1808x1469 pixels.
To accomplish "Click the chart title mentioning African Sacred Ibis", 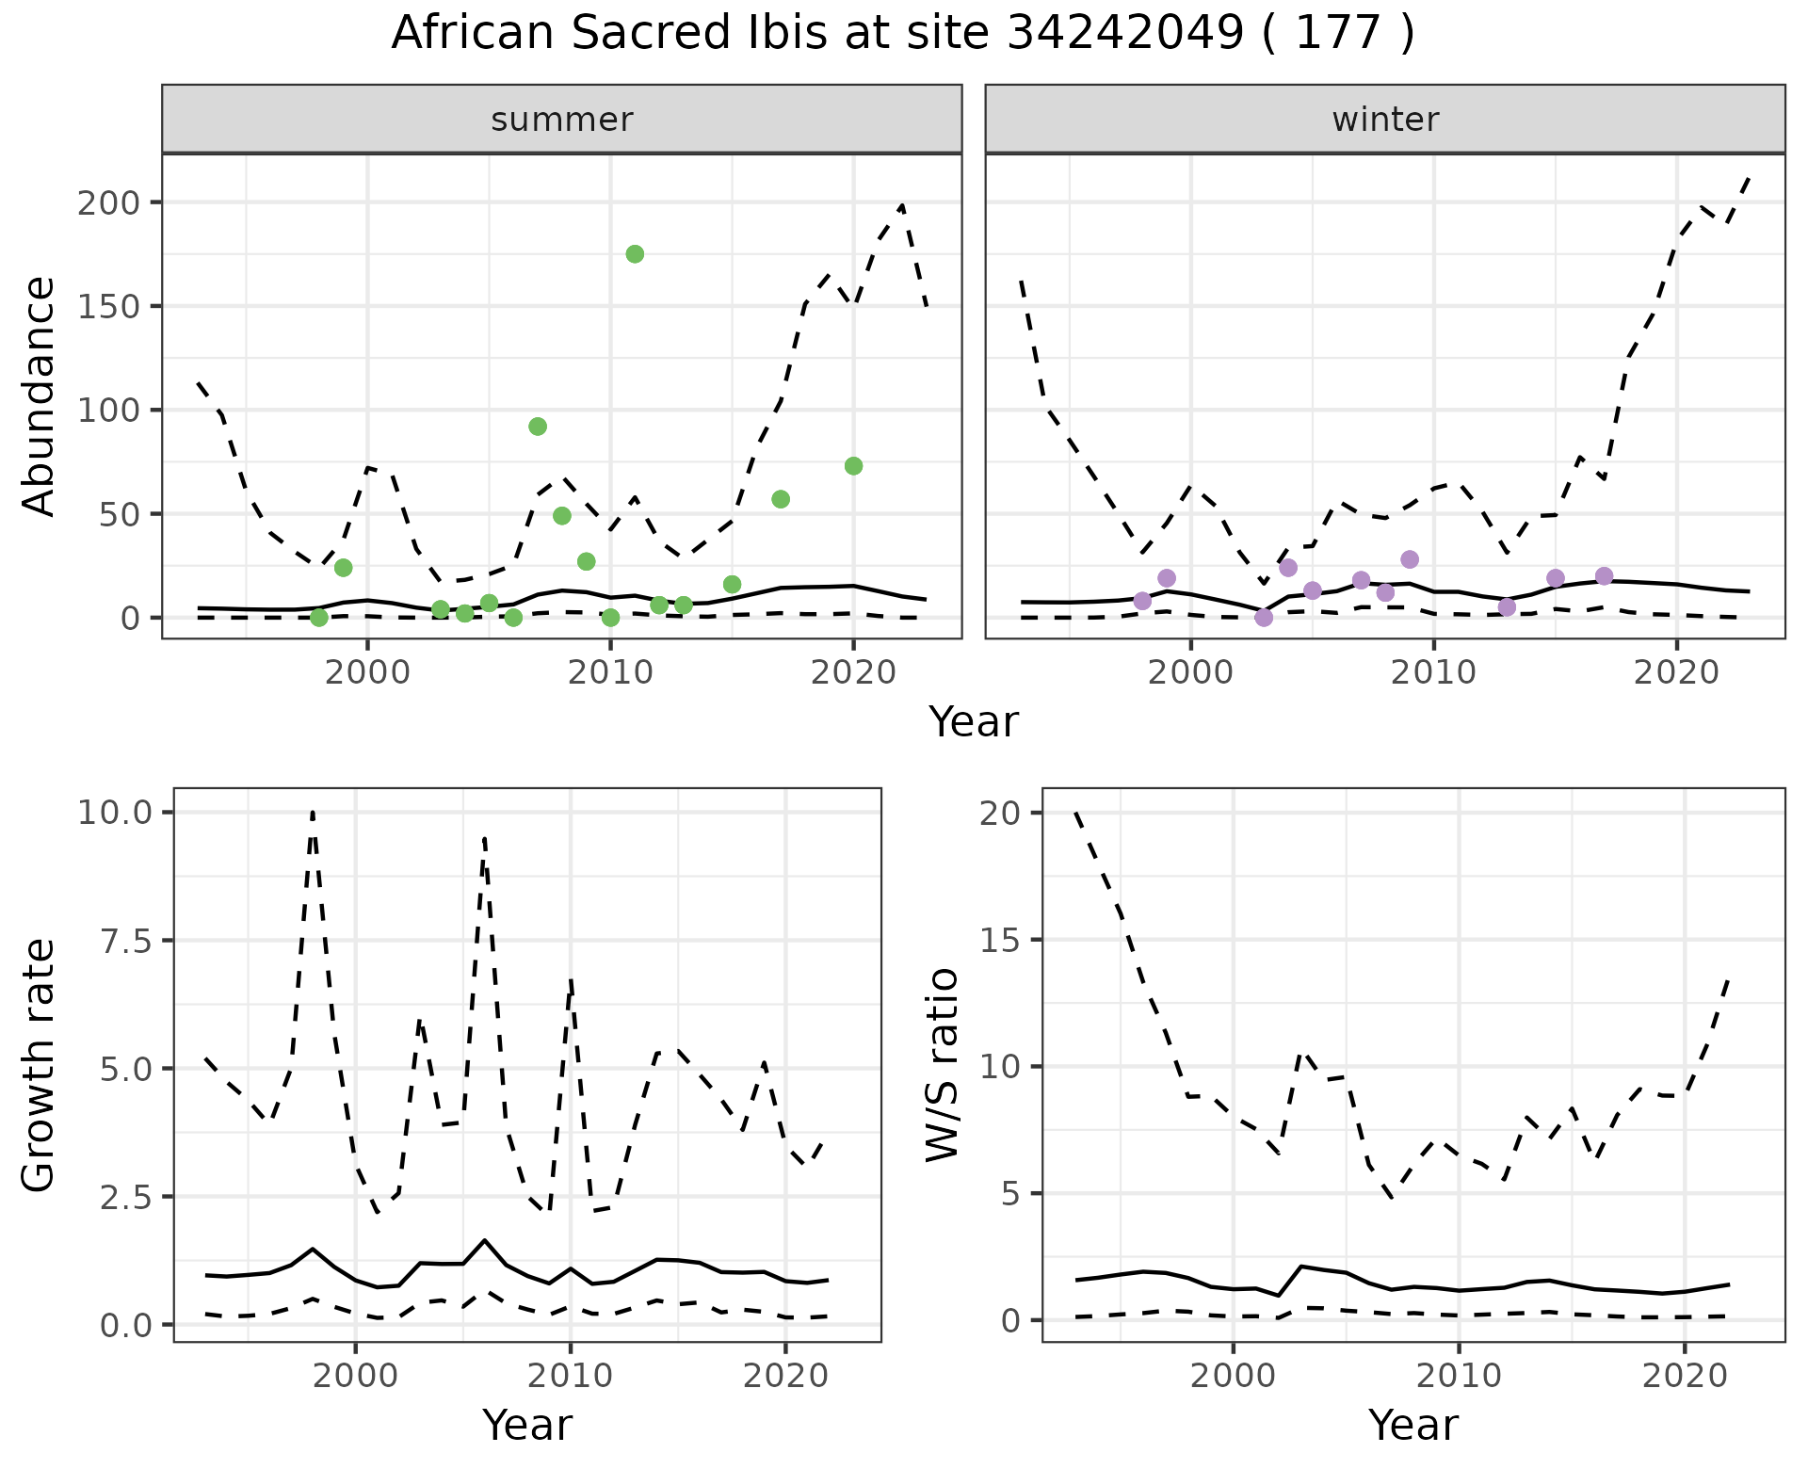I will (x=902, y=34).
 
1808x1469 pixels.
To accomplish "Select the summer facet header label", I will (x=561, y=120).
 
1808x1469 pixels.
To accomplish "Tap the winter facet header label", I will (x=1384, y=120).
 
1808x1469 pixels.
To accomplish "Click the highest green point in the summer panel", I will (x=635, y=254).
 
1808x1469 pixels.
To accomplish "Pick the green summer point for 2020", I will (x=853, y=466).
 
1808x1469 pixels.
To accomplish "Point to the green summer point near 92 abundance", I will (x=538, y=427).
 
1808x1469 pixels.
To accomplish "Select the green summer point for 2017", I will (x=781, y=499).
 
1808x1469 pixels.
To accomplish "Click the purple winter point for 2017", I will (x=1605, y=576).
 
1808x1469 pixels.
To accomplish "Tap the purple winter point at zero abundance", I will (x=1264, y=618).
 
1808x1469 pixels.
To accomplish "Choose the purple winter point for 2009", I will (x=1410, y=559).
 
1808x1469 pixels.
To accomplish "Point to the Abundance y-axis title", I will (x=40, y=395).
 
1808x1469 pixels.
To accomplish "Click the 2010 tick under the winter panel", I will (x=1433, y=672).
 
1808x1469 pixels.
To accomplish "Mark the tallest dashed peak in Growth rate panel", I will (x=313, y=812).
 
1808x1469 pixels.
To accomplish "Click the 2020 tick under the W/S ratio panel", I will (x=1684, y=1376).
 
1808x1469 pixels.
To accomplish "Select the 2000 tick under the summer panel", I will (x=367, y=672).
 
